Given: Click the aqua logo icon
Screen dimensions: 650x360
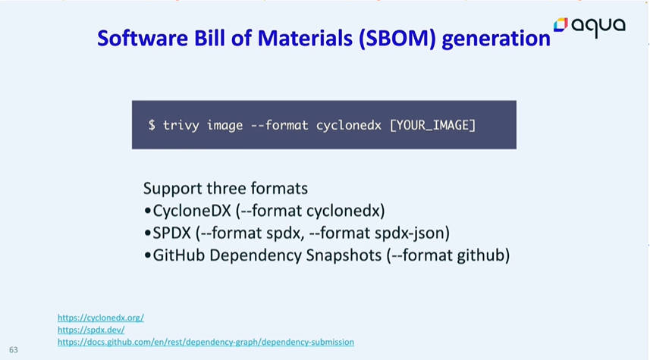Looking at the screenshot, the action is [x=561, y=24].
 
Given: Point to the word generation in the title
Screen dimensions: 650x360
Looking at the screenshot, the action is [x=496, y=39].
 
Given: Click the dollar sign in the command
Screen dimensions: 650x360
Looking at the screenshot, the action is [x=152, y=125].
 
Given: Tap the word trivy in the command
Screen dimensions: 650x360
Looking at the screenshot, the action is [x=181, y=126].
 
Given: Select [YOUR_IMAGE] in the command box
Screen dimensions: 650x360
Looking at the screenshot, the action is [x=432, y=125].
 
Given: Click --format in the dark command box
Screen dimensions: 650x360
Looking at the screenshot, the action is [x=279, y=125].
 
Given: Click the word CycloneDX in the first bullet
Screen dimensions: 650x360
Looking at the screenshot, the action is [x=192, y=211].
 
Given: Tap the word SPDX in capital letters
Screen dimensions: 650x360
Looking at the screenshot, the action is [x=171, y=233].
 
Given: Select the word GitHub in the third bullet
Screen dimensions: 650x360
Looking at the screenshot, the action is [x=179, y=255].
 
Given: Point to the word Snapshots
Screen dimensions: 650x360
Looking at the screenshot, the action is [x=344, y=255].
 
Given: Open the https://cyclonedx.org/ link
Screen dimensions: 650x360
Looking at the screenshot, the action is [x=101, y=318].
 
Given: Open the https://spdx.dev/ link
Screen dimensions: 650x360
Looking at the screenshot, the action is [x=91, y=330].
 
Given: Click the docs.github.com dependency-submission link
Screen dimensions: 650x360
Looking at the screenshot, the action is [x=206, y=342].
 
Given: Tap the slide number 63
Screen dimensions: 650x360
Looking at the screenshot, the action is [x=13, y=350].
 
